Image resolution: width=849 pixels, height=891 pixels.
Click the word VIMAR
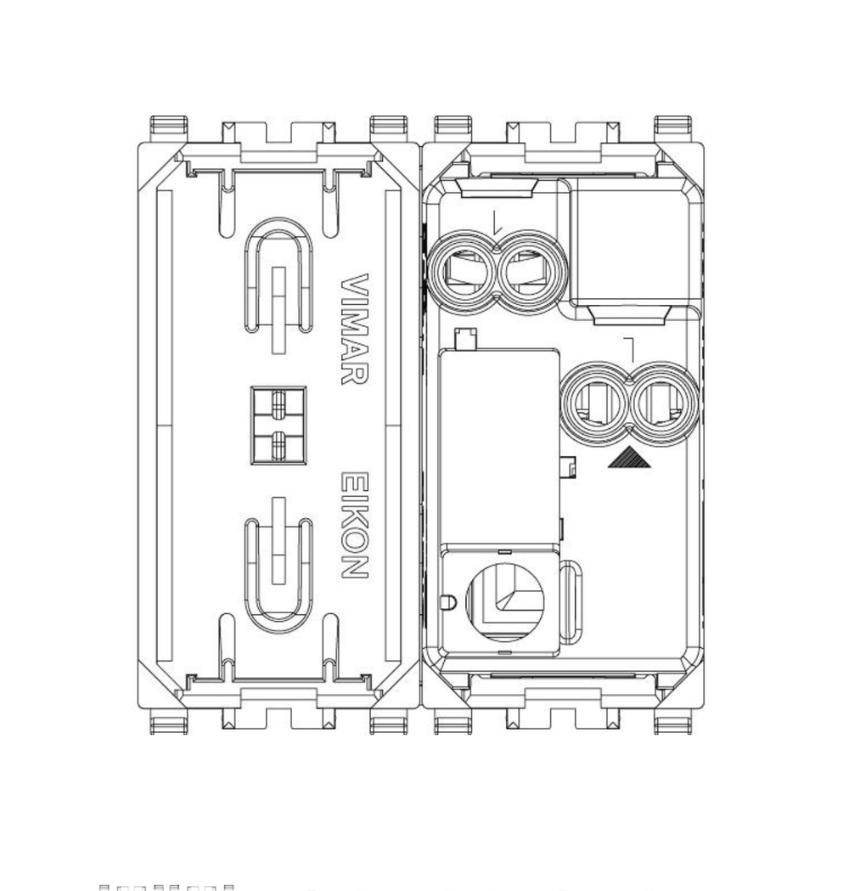click(x=354, y=329)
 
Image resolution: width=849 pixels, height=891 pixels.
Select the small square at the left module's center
click(x=278, y=426)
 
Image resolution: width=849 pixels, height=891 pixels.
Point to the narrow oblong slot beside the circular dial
click(x=573, y=600)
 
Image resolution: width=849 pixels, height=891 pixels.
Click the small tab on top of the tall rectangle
click(x=464, y=339)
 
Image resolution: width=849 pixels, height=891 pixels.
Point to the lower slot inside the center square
click(x=278, y=443)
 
